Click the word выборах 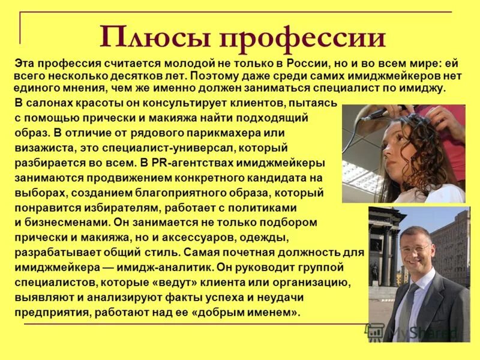tap(37, 193)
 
